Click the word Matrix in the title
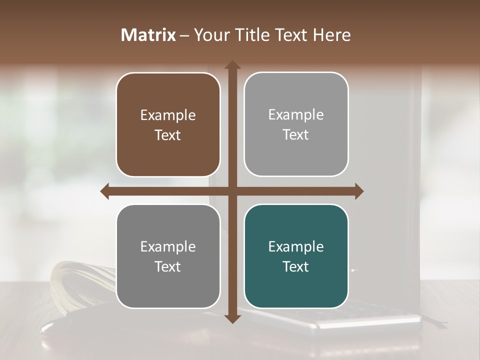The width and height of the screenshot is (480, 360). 148,35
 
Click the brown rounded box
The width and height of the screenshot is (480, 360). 168,124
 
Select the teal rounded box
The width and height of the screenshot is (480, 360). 296,256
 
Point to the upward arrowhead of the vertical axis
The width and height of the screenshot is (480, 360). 232,65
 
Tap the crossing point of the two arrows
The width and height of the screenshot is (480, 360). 232,191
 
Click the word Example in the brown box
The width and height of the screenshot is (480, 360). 168,115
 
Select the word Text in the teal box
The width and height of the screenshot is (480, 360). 296,266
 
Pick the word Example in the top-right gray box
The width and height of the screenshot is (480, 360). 296,115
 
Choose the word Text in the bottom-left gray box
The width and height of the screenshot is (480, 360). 168,266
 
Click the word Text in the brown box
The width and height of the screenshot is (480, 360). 168,135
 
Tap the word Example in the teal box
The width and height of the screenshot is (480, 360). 296,246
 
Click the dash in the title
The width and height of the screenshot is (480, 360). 185,35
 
